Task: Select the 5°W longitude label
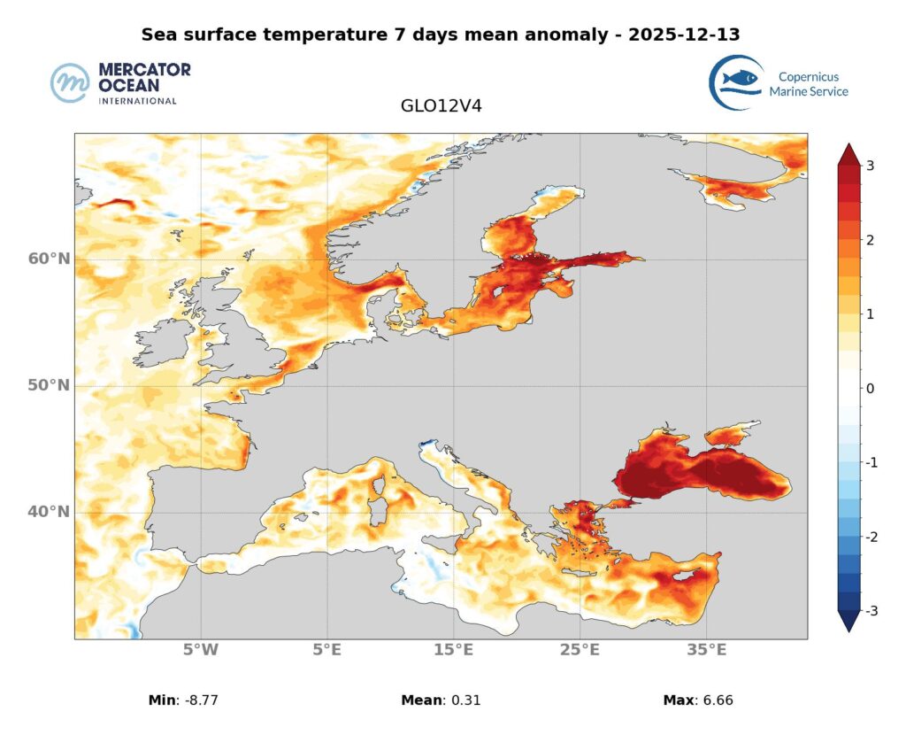click(201, 651)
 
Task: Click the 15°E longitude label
click(454, 651)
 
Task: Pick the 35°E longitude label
click(707, 651)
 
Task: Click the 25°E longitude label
click(580, 651)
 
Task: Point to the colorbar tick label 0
click(871, 389)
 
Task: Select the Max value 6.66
click(716, 700)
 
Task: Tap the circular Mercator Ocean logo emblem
click(71, 83)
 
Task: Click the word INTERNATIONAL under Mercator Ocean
click(137, 101)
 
